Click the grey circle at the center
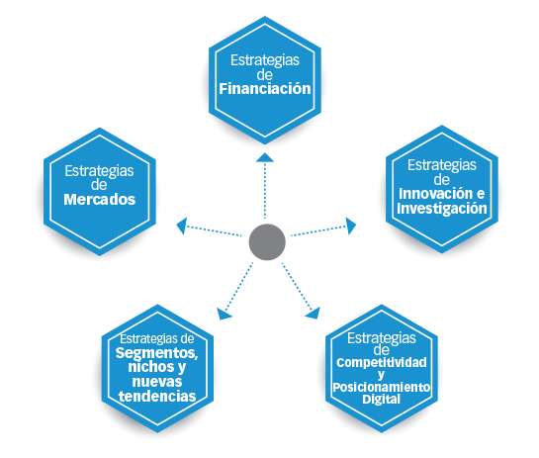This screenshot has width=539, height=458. click(x=267, y=242)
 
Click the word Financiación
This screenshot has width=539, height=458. click(x=265, y=89)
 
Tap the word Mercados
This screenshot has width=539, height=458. click(x=99, y=200)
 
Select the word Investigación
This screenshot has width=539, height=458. click(x=442, y=209)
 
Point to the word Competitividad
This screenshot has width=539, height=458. click(x=382, y=362)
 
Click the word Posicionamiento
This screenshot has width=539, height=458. click(x=382, y=387)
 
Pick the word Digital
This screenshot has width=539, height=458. click(x=381, y=400)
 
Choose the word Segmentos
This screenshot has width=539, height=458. click(x=156, y=353)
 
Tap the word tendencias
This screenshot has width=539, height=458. click(x=157, y=396)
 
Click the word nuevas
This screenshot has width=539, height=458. click(x=157, y=382)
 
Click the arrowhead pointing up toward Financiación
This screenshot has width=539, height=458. click(x=265, y=157)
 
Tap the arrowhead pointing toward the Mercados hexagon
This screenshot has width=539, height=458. click(x=182, y=226)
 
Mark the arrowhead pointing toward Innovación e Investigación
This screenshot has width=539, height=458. click(x=351, y=226)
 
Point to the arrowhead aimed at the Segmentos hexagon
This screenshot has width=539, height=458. click(x=224, y=314)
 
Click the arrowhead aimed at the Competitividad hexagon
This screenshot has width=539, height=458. click(x=314, y=313)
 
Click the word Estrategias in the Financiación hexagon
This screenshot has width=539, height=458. click(x=265, y=60)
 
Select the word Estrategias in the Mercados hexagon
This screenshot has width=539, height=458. click(x=99, y=171)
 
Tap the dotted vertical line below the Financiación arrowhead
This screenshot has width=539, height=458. click(x=265, y=190)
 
